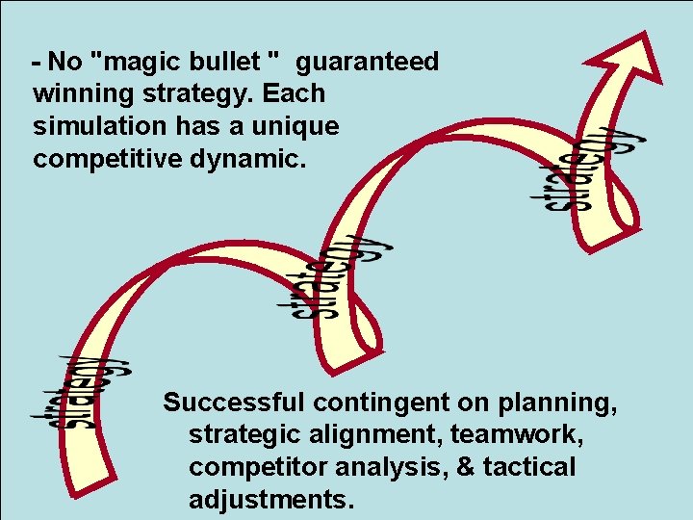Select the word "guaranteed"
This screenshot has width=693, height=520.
tap(367, 63)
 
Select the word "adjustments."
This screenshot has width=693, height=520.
tap(271, 499)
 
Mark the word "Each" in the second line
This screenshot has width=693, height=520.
tap(293, 94)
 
